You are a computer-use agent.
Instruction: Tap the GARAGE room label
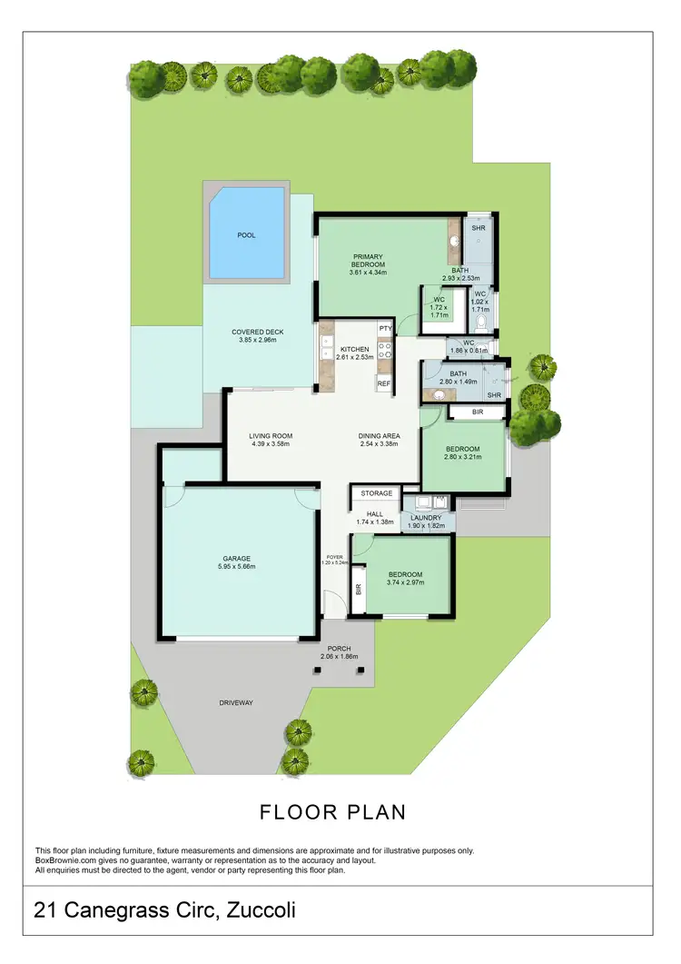pos(238,558)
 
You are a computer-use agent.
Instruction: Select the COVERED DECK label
pos(255,332)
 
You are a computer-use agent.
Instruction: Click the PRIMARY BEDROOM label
pos(368,261)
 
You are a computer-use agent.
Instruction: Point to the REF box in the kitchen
pos(384,383)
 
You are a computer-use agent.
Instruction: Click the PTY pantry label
pos(385,328)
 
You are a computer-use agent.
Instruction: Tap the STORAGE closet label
pos(376,493)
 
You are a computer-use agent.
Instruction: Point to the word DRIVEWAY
pos(235,703)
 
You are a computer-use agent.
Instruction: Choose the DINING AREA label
pos(379,436)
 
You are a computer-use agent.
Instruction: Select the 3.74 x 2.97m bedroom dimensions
pos(405,583)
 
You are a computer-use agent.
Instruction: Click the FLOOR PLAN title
pos(332,811)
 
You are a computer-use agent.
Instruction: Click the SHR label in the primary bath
pos(478,227)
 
